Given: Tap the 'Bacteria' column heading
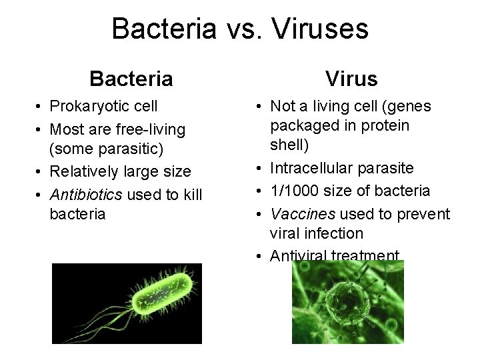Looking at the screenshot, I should click(131, 79).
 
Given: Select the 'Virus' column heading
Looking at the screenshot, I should click(351, 79).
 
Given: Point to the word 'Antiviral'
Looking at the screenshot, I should click(298, 255).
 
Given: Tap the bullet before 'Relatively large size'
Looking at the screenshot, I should click(41, 171).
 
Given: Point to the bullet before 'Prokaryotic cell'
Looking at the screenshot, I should click(41, 107).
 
